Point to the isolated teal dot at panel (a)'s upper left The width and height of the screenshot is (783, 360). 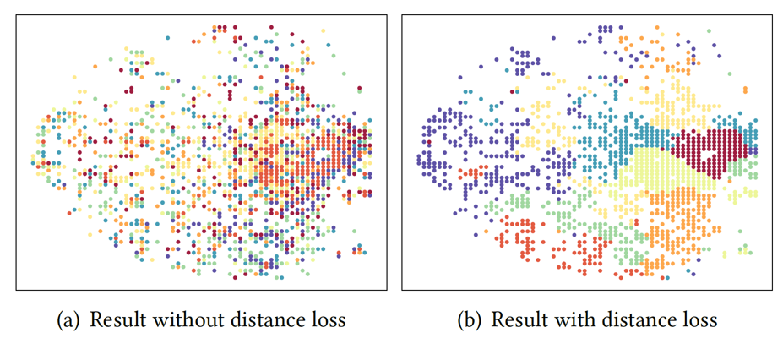point(167,38)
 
